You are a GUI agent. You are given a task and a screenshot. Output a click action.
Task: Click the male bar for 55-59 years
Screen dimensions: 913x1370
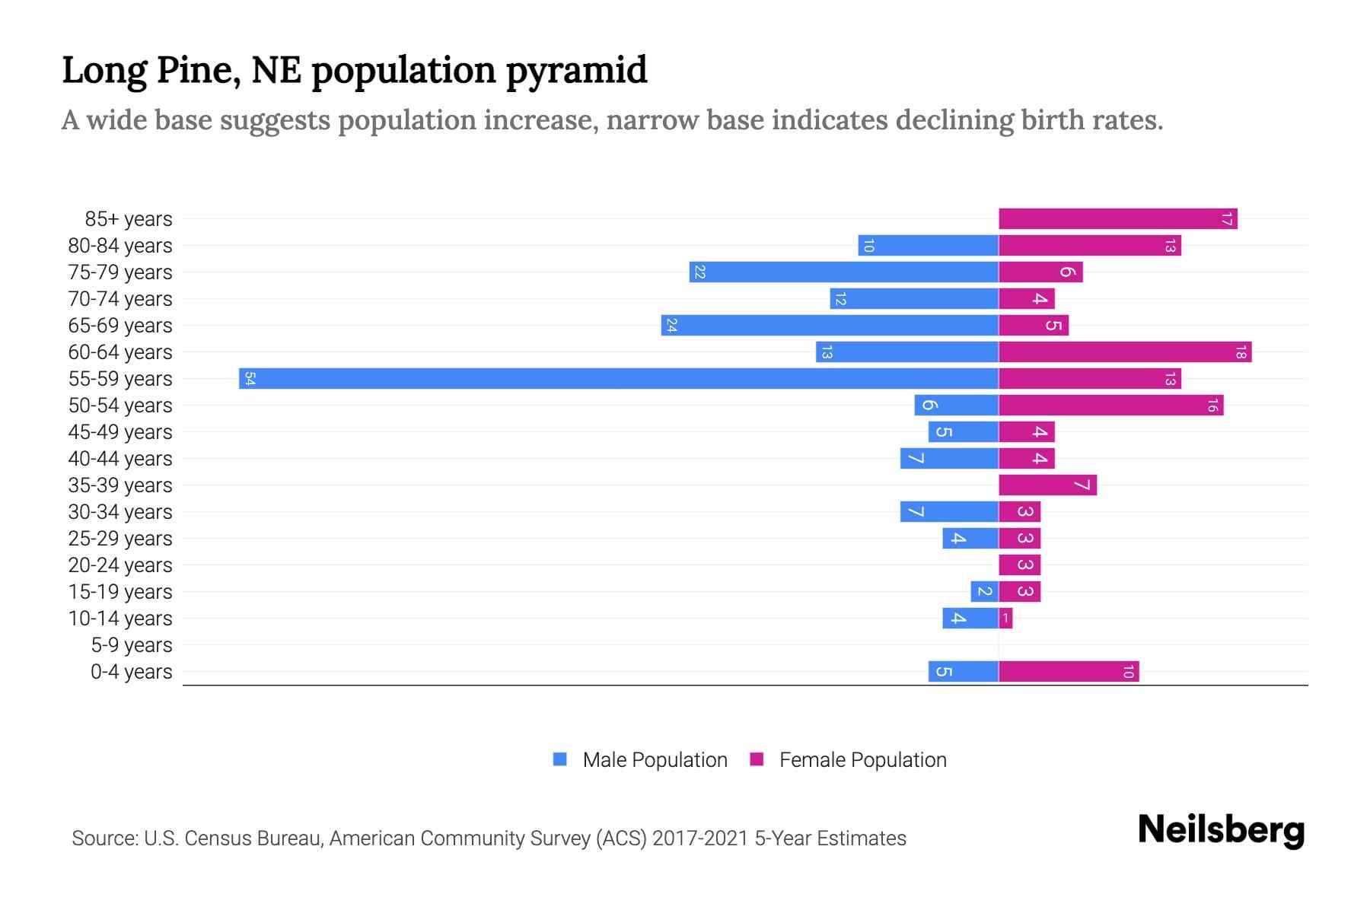pyautogui.click(x=618, y=378)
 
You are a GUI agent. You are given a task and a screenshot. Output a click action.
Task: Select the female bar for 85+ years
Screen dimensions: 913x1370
pyautogui.click(x=1117, y=218)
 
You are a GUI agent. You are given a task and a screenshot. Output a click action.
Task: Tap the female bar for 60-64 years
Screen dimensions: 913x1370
pyautogui.click(x=1125, y=352)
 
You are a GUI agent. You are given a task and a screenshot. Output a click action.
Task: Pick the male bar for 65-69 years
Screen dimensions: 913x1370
pyautogui.click(x=830, y=325)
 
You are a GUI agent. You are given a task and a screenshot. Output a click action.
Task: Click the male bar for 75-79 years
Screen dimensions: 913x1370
pyautogui.click(x=843, y=272)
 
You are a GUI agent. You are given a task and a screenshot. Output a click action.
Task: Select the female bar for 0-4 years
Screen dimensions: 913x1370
pyautogui.click(x=1069, y=671)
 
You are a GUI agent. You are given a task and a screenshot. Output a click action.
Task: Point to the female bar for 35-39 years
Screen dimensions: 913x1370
pyautogui.click(x=1047, y=485)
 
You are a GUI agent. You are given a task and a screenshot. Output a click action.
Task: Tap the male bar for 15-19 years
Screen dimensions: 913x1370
pyautogui.click(x=984, y=591)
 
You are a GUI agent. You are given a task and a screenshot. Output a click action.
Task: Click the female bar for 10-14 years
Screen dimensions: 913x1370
pyautogui.click(x=1005, y=618)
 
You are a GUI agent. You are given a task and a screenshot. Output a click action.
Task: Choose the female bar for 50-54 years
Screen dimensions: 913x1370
pyautogui.click(x=1110, y=405)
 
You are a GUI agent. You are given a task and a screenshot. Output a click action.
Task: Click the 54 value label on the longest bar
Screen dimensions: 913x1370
pyautogui.click(x=250, y=378)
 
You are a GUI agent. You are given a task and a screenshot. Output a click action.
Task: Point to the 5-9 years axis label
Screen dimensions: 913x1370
pyautogui.click(x=132, y=644)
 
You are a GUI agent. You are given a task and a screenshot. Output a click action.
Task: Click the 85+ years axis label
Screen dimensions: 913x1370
pyautogui.click(x=129, y=218)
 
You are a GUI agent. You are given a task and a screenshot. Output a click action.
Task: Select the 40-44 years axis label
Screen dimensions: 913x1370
pyautogui.click(x=120, y=458)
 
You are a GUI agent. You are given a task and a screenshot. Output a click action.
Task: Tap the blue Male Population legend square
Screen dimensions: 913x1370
pyautogui.click(x=560, y=759)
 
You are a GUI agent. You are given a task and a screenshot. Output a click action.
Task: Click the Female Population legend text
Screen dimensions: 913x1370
pyautogui.click(x=862, y=759)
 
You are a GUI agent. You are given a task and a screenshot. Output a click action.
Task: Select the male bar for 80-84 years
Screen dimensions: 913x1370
pyautogui.click(x=928, y=245)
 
